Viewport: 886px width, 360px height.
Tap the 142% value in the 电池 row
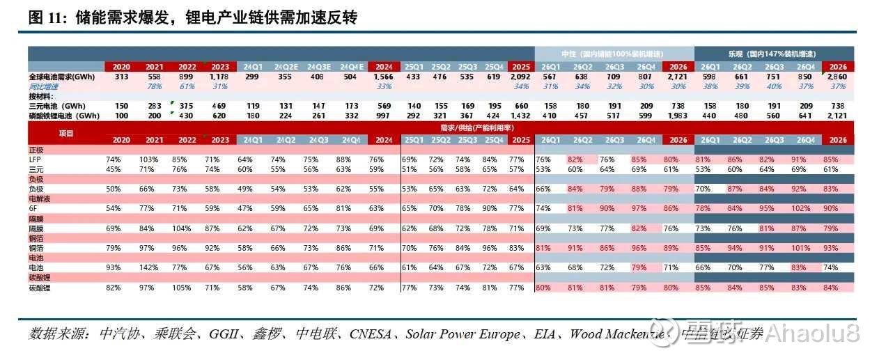point(155,267)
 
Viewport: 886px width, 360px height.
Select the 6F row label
point(33,208)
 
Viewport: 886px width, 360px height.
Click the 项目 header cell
point(65,132)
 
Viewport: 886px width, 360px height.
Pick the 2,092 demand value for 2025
point(520,76)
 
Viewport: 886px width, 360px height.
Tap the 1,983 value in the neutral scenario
point(676,116)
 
